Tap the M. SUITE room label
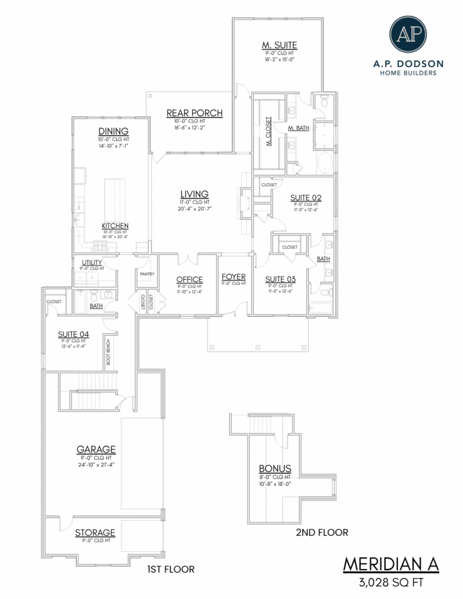pyautogui.click(x=279, y=45)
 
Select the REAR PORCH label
pyautogui.click(x=194, y=113)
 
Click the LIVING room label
pyautogui.click(x=194, y=193)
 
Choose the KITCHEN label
pyautogui.click(x=115, y=225)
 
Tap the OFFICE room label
pyautogui.click(x=189, y=279)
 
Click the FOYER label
pyautogui.click(x=233, y=277)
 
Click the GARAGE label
pyautogui.click(x=96, y=449)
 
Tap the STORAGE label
pyautogui.click(x=95, y=533)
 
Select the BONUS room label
pyautogui.click(x=275, y=468)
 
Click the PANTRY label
pyautogui.click(x=147, y=274)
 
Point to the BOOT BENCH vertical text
pyautogui.click(x=109, y=353)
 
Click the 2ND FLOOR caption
pyautogui.click(x=322, y=532)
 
